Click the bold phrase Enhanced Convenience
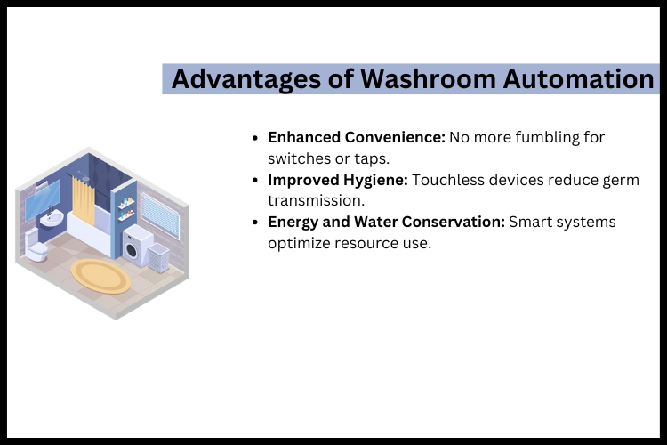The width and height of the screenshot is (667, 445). point(356,138)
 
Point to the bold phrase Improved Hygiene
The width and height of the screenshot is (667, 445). point(338,180)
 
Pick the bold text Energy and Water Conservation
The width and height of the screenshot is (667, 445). point(386,222)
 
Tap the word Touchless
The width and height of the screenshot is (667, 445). point(446,180)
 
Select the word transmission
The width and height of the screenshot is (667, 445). point(310,200)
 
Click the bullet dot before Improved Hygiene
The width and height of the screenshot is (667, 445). point(256,181)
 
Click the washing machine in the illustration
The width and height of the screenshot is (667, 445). point(136,246)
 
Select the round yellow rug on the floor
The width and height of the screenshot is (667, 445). point(100,275)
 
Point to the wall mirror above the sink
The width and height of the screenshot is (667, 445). point(43,198)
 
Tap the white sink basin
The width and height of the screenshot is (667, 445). point(52,218)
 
